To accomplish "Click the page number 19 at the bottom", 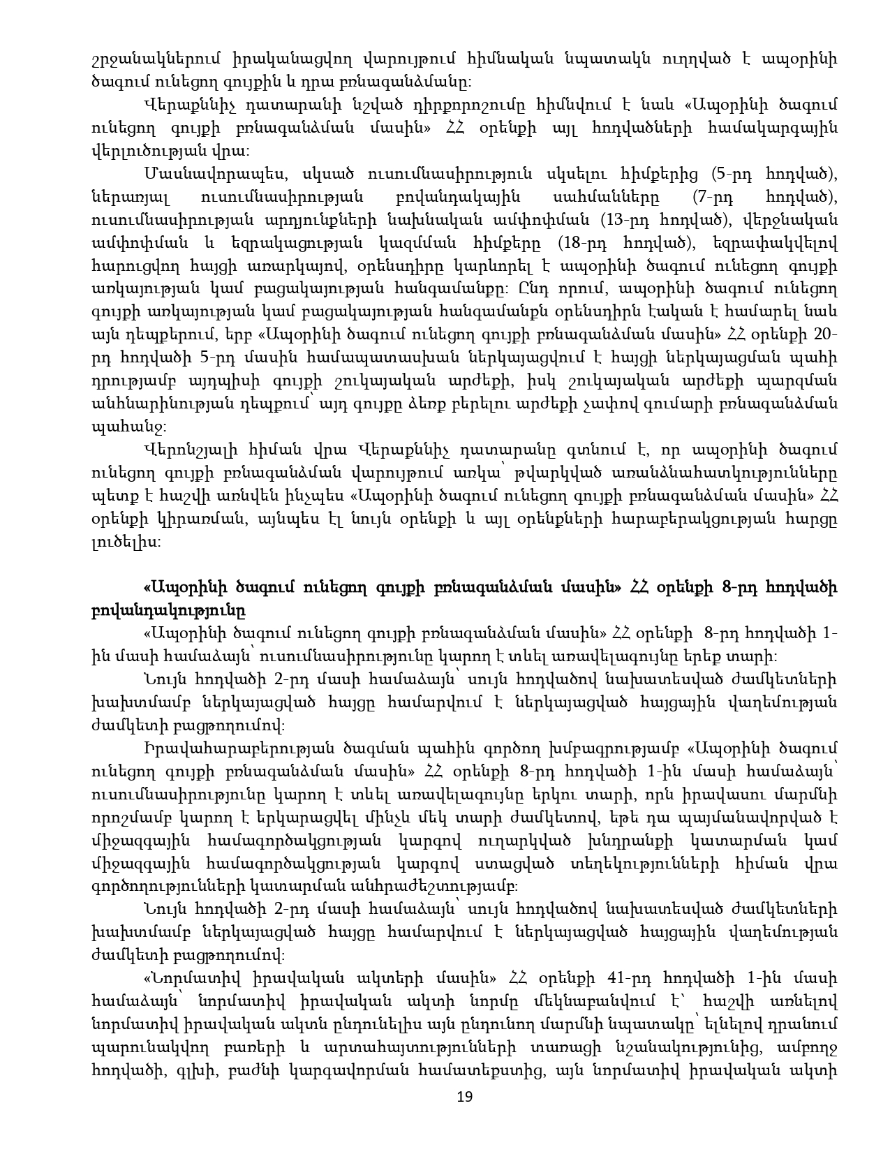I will [x=464, y=1097].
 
